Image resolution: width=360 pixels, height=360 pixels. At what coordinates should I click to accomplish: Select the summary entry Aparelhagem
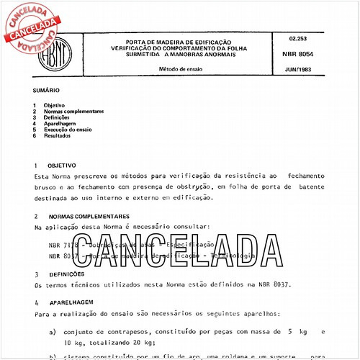click(59, 124)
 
